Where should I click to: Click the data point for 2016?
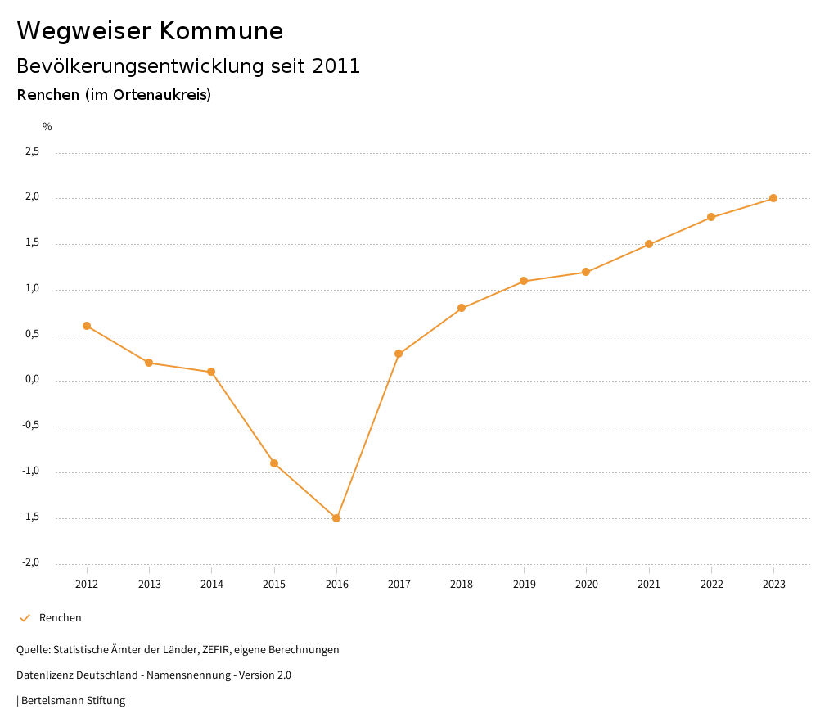336,518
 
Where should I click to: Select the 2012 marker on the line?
87,326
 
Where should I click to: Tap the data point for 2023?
773,198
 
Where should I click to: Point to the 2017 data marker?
399,354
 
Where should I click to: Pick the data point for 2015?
274,463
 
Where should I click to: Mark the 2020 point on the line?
586,272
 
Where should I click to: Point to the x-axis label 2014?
212,585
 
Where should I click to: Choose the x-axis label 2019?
524,585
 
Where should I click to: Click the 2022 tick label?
711,585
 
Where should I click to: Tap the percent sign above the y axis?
47,127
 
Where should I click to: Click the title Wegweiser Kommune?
150,31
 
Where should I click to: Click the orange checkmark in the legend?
25,618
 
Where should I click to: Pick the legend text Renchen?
61,618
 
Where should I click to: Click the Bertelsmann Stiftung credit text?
73,701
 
